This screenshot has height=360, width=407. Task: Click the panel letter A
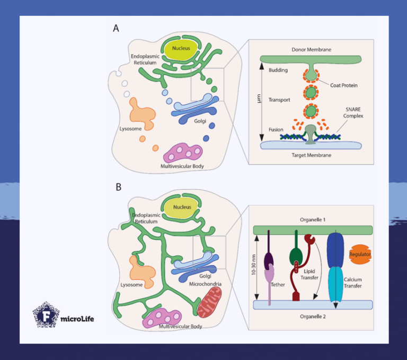[116, 29]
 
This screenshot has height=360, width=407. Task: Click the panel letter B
[119, 187]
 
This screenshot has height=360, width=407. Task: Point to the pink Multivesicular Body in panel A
[183, 154]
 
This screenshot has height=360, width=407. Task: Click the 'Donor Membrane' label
[311, 49]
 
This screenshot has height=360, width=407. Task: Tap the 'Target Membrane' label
[312, 155]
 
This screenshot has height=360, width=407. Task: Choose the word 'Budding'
[279, 69]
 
